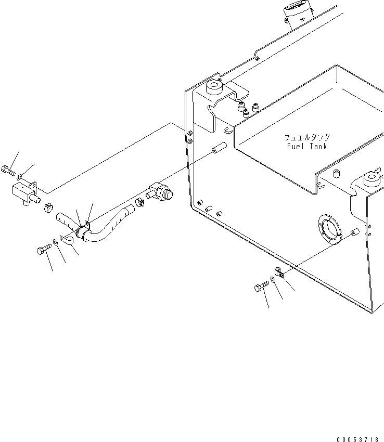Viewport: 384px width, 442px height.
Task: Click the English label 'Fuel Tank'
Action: click(x=307, y=147)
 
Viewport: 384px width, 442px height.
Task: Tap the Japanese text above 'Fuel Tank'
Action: click(x=307, y=138)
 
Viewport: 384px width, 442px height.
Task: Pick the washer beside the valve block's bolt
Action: click(x=20, y=178)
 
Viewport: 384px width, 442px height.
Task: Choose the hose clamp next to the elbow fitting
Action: click(x=139, y=202)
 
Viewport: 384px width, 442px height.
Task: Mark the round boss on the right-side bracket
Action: click(x=372, y=179)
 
